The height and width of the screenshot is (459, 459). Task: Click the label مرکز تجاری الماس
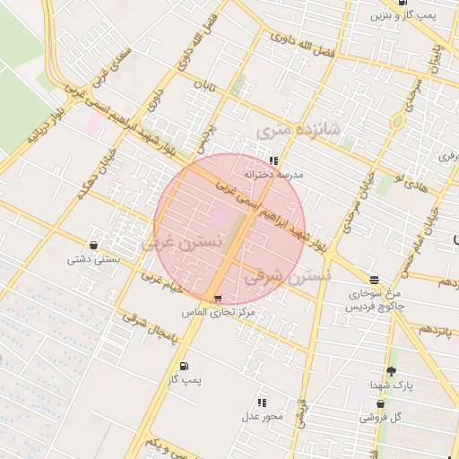point(220,311)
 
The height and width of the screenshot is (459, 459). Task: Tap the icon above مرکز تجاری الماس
point(219,298)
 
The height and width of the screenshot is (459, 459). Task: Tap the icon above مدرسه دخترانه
point(273,161)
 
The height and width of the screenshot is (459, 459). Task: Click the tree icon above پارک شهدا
point(391,371)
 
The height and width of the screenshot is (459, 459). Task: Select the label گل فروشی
point(380,417)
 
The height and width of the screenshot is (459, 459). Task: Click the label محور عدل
point(262,417)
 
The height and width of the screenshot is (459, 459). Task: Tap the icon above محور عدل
point(262,403)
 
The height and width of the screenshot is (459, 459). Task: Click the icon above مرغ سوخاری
point(374,280)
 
